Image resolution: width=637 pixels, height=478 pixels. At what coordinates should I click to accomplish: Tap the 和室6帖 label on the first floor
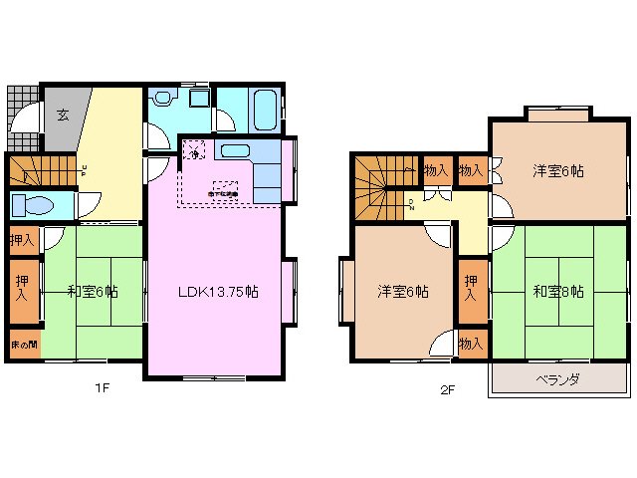tap(93, 292)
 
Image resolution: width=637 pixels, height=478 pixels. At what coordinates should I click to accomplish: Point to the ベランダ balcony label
tap(557, 381)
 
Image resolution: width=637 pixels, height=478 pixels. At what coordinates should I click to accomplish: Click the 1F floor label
tap(102, 390)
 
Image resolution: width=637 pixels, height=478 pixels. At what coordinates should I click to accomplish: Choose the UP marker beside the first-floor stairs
tap(85, 171)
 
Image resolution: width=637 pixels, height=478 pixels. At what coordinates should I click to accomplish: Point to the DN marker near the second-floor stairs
tap(411, 206)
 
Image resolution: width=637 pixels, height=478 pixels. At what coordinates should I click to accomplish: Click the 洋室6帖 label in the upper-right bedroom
tap(557, 170)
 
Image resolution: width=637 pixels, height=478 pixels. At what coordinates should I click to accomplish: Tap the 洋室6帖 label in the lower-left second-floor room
tap(402, 292)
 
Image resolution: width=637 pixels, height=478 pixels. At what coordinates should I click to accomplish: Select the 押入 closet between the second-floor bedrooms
tap(472, 289)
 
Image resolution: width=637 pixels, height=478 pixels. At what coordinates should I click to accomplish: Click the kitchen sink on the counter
tap(235, 151)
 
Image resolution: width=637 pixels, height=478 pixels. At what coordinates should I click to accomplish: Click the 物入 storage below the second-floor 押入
tap(472, 343)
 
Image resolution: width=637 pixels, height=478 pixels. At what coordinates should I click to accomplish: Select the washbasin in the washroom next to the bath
tap(196, 99)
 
